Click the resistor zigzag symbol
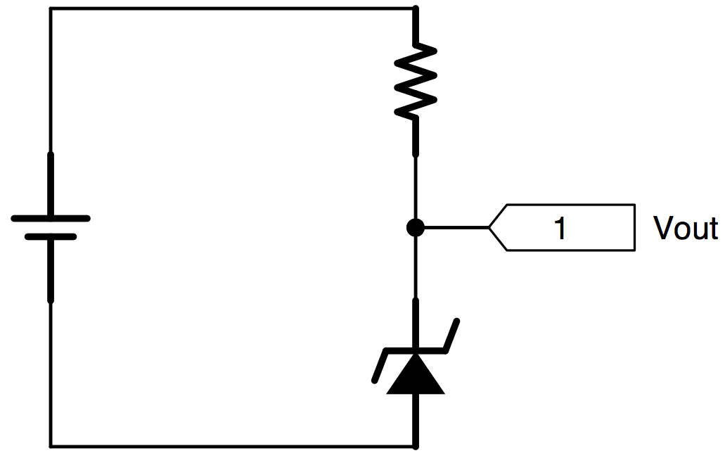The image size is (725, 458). pyautogui.click(x=416, y=81)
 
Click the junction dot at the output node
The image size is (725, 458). pyautogui.click(x=415, y=228)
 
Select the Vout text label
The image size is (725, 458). pyautogui.click(x=685, y=228)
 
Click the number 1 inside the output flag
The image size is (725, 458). pyautogui.click(x=560, y=229)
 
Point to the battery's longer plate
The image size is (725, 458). pyautogui.click(x=51, y=218)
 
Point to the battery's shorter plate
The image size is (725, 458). pyautogui.click(x=51, y=237)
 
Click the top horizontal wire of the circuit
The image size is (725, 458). pyautogui.click(x=233, y=8)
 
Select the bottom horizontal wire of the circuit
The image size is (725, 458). pyautogui.click(x=233, y=447)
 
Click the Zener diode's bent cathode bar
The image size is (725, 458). pyautogui.click(x=416, y=350)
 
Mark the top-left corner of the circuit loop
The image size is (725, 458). pyautogui.click(x=51, y=8)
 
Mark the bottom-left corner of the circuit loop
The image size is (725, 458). pyautogui.click(x=51, y=447)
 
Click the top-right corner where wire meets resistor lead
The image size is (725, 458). pyautogui.click(x=416, y=8)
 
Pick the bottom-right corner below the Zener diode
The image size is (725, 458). pyautogui.click(x=416, y=447)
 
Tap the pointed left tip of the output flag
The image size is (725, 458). pyautogui.click(x=489, y=228)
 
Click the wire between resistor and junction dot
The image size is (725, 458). pyautogui.click(x=416, y=187)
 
